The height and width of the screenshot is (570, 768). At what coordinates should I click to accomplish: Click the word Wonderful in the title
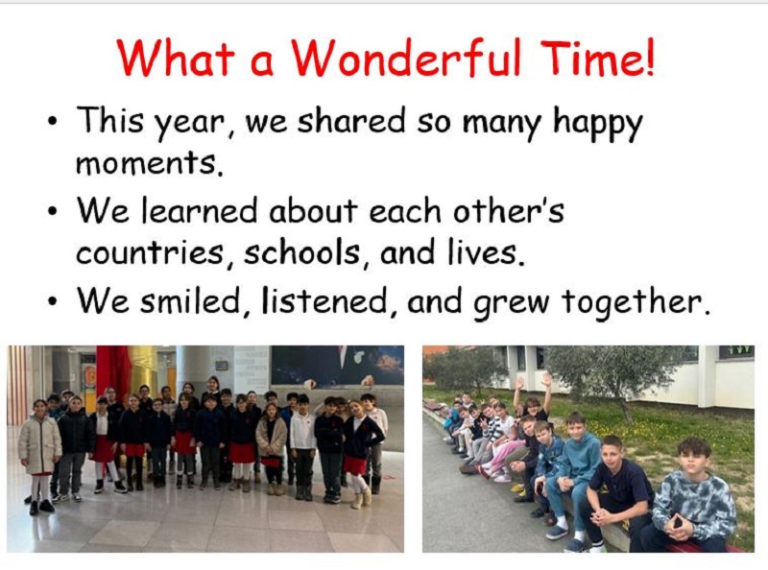pos(405,58)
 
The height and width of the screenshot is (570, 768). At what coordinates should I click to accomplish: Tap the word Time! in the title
pos(596,58)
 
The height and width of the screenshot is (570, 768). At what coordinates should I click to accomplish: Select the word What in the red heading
pos(176,58)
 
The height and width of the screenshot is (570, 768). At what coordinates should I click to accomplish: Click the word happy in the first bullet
pos(598,123)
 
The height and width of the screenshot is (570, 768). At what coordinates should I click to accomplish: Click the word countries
pos(151,252)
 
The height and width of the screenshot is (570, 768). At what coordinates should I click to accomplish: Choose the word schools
pos(303,252)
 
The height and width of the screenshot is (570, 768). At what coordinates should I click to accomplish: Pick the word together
pos(636,302)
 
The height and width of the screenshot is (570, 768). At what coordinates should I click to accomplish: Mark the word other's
pos(509,211)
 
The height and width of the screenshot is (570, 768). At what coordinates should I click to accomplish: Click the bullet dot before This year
pos(52,121)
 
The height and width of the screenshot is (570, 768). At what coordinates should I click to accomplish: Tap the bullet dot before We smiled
pos(52,301)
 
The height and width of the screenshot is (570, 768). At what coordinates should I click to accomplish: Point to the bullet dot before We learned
pos(52,212)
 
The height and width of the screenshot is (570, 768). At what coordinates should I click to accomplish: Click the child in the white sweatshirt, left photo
pos(301,445)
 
